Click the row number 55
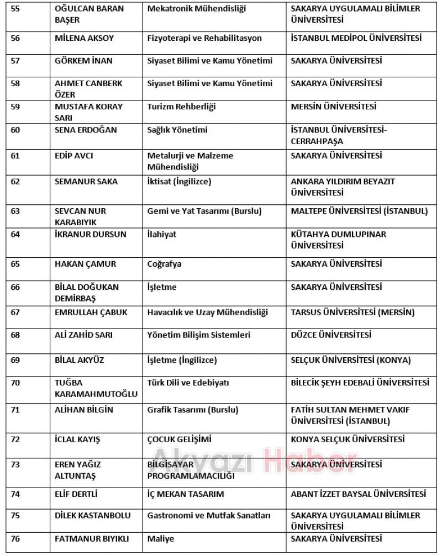click(x=15, y=9)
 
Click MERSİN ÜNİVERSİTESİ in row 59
click(x=334, y=107)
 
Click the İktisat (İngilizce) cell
click(x=180, y=181)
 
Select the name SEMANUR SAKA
click(x=86, y=181)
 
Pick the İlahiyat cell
click(x=162, y=234)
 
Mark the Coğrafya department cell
click(x=164, y=264)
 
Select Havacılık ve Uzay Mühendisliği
click(x=208, y=313)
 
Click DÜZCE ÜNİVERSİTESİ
click(x=331, y=335)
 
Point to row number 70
click(x=15, y=383)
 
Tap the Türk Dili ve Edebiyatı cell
click(x=188, y=383)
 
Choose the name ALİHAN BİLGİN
click(x=84, y=410)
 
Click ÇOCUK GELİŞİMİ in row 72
click(x=179, y=439)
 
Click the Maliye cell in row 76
click(x=161, y=538)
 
